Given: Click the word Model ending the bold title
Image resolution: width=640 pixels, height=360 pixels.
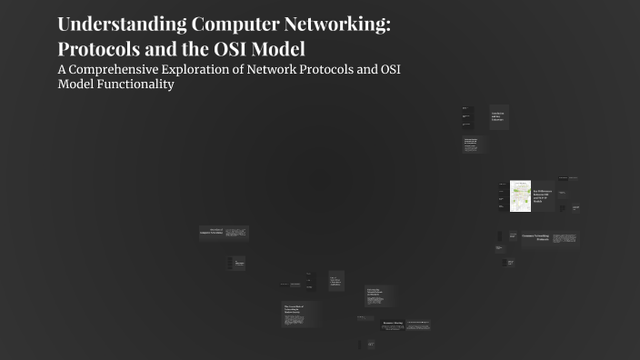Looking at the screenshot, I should (x=288, y=49).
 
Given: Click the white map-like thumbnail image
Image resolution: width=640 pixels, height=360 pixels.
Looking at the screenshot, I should (x=520, y=195).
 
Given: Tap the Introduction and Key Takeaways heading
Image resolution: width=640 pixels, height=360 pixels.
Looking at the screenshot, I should (x=498, y=116).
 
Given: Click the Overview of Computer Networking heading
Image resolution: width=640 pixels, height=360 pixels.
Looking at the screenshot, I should (x=211, y=233).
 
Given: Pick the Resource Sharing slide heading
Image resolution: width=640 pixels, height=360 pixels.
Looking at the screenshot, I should (x=392, y=322).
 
